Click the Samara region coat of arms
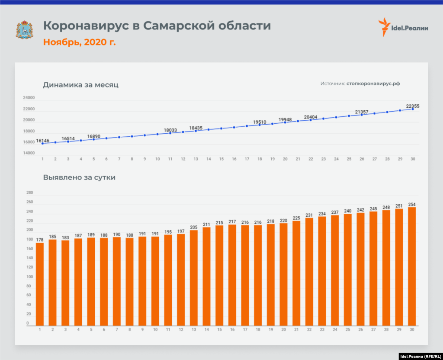24,29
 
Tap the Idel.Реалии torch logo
384,27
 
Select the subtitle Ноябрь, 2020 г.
79,42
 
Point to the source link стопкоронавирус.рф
373,84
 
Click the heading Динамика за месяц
80,85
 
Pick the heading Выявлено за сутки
79,177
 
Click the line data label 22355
412,106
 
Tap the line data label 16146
42,141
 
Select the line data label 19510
260,122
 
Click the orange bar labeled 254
412,266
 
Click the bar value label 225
296,218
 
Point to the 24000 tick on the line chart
29,98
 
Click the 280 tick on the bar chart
30,193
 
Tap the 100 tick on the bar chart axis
30,277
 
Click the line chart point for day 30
413,109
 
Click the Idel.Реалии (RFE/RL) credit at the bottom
420,356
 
